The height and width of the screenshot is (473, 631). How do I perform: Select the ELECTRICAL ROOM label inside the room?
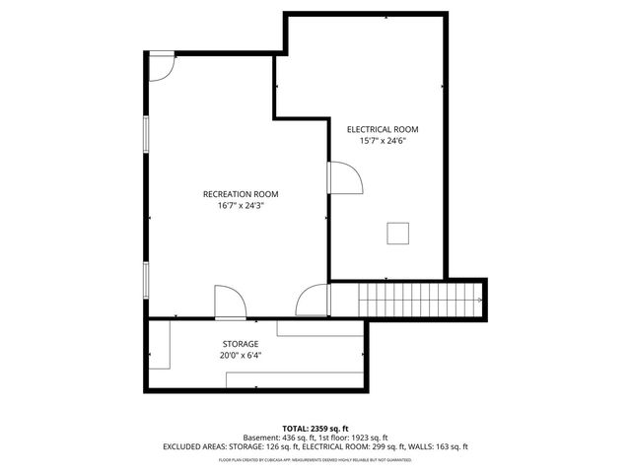pos(383,129)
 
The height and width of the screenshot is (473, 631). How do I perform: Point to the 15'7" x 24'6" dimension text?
pos(383,141)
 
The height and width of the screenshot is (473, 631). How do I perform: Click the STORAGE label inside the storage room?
pos(241,344)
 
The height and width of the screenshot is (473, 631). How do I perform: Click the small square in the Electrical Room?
pos(397,233)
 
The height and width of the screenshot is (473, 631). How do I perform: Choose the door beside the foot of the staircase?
pos(314,301)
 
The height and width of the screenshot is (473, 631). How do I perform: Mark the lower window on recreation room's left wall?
pos(147,278)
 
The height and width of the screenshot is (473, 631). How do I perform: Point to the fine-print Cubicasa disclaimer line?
pos(315,459)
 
